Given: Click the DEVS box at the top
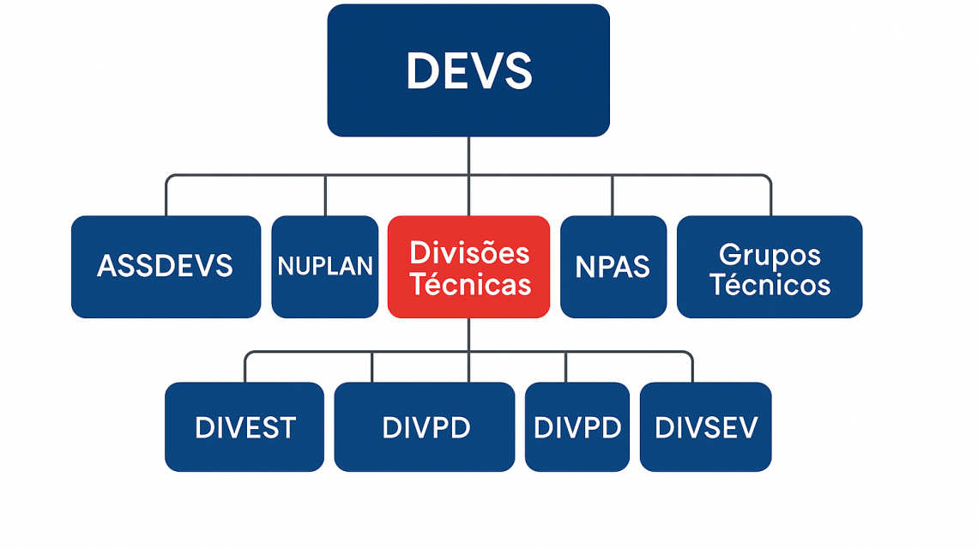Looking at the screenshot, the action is (468, 70).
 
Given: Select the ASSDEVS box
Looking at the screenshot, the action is (166, 267).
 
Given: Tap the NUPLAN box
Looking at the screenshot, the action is (325, 267).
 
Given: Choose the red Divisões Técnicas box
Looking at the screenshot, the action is (469, 267).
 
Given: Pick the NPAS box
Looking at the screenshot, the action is (613, 267).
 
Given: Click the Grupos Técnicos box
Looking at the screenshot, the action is (770, 267).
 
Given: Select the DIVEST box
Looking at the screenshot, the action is (244, 427).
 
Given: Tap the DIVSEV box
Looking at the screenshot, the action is (706, 427).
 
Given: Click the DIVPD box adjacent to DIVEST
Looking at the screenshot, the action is (425, 427).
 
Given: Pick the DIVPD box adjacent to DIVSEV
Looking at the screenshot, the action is (577, 427).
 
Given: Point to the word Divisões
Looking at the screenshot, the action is (469, 252).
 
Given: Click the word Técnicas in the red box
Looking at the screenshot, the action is (470, 284).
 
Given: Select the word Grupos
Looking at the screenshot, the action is (770, 255).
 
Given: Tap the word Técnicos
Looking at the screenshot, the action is (770, 284).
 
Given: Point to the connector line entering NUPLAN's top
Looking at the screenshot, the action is (325, 196).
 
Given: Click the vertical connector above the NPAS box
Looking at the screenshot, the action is (612, 196).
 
